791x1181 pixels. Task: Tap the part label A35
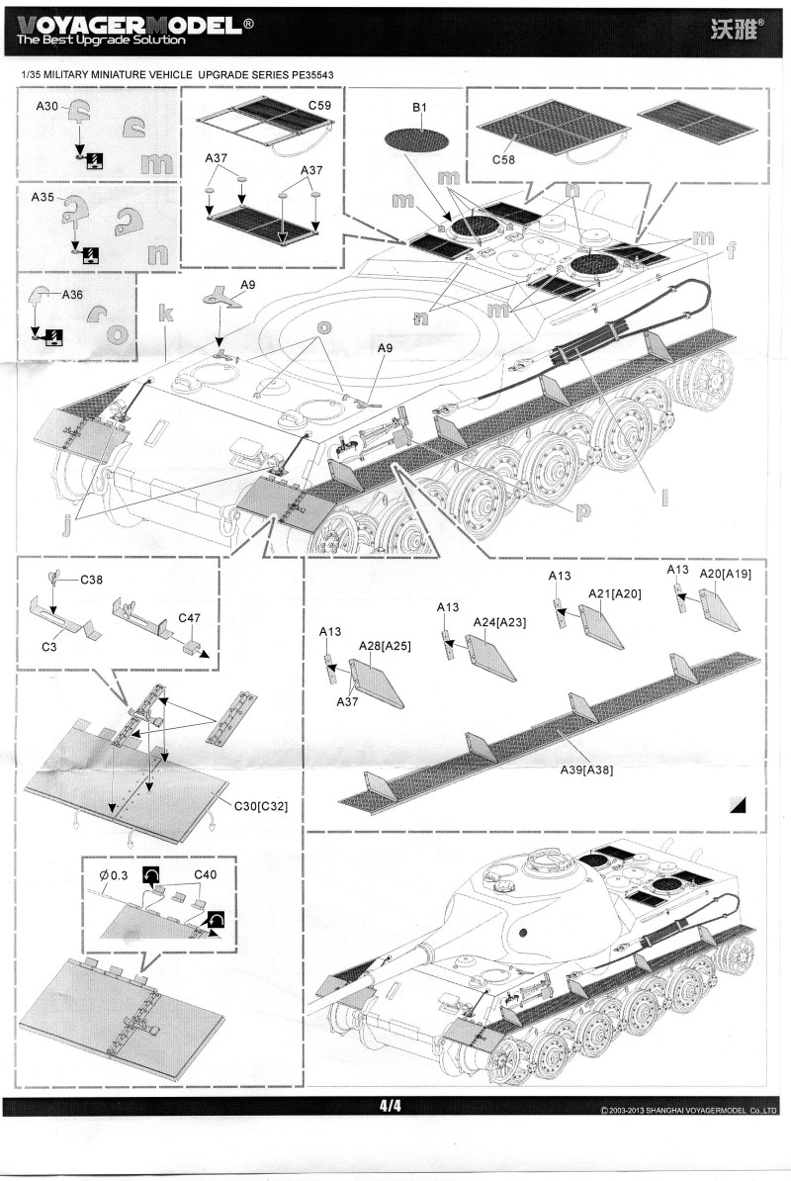[x=43, y=197]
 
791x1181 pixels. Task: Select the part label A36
[x=73, y=294]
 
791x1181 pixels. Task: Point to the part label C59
[x=319, y=105]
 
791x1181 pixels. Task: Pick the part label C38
[x=93, y=579]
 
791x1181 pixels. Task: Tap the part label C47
[x=190, y=617]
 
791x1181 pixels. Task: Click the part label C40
[x=205, y=874]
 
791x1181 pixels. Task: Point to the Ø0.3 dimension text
[x=114, y=875]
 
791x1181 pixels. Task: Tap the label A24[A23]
[x=498, y=621]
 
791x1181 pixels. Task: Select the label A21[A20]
[x=615, y=592]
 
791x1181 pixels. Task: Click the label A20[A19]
[x=726, y=573]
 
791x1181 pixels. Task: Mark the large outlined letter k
[x=165, y=315]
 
